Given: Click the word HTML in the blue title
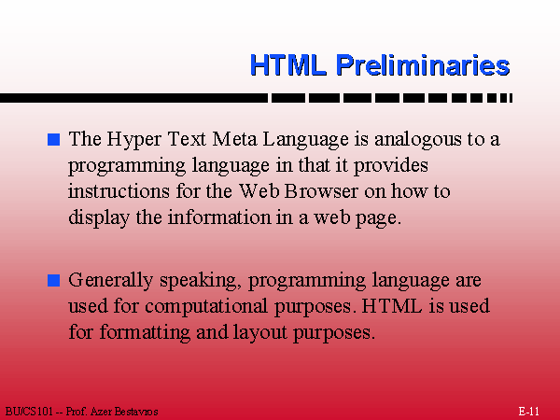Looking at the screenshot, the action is (x=288, y=65).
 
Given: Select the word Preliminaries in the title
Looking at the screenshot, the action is (x=423, y=65).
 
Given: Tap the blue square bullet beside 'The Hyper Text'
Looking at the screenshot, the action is (x=53, y=139).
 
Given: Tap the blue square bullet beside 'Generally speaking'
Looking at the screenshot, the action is (x=53, y=280).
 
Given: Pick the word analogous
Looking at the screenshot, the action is (x=417, y=140).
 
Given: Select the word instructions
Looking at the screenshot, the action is (x=119, y=191).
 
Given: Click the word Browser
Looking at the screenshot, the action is (x=321, y=191).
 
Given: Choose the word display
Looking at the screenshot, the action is (x=99, y=218).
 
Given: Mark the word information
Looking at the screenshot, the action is (x=219, y=217).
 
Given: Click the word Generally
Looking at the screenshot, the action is (x=111, y=281).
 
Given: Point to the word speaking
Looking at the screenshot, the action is (x=199, y=281).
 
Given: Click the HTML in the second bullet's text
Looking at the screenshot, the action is (x=392, y=306).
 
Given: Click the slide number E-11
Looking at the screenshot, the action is (x=528, y=412).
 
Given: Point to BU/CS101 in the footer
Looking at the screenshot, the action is (x=29, y=412).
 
